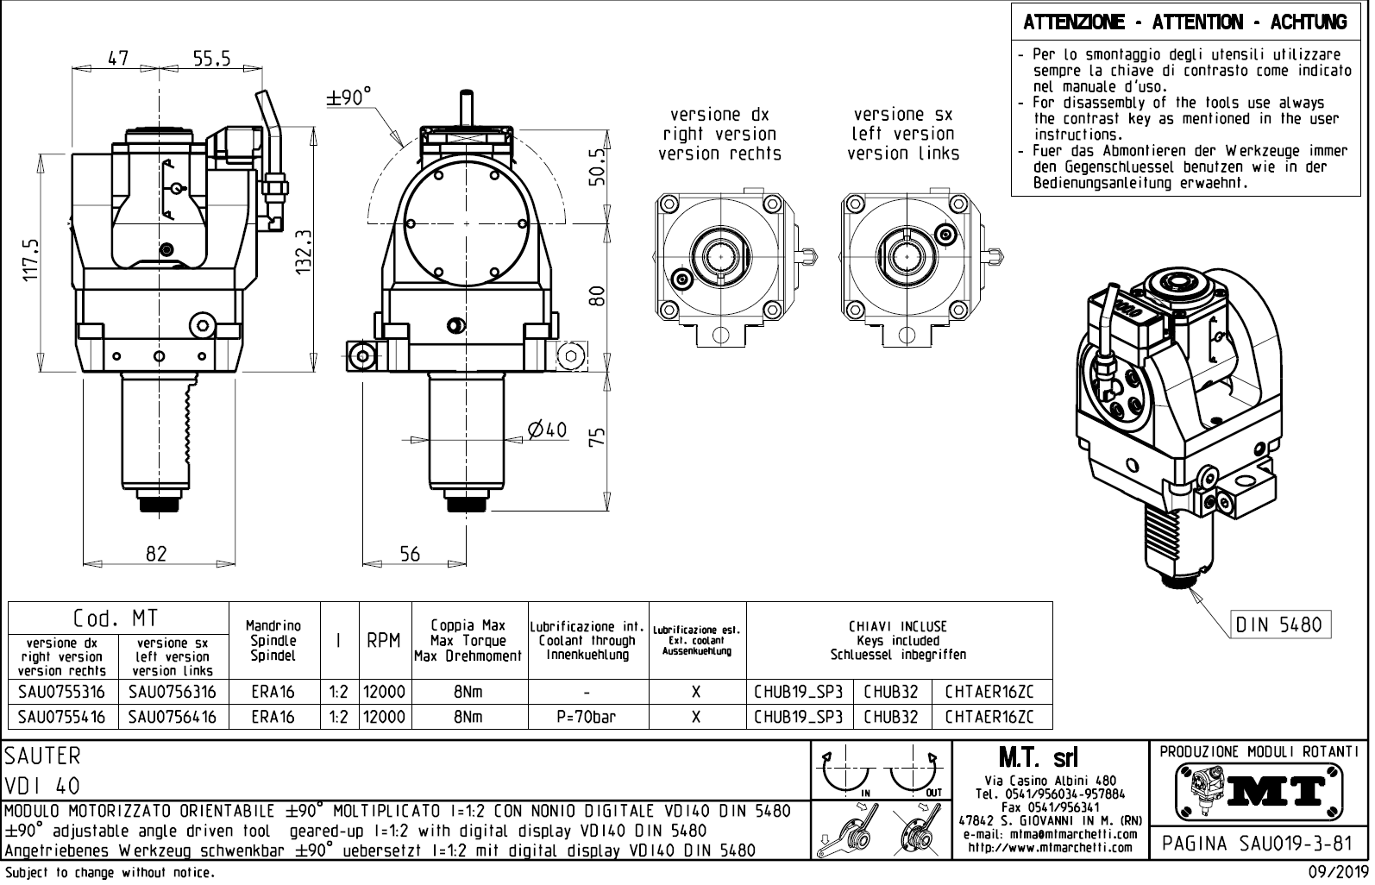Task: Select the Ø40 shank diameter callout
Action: click(x=548, y=429)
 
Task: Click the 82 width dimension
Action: click(x=156, y=554)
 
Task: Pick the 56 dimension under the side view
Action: click(x=410, y=554)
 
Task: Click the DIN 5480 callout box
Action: click(x=1278, y=624)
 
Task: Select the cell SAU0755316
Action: click(x=61, y=692)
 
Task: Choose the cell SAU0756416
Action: click(x=173, y=717)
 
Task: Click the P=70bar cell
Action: click(x=587, y=717)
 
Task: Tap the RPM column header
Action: click(x=384, y=641)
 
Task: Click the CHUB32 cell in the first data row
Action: click(x=891, y=692)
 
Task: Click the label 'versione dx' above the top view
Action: click(x=719, y=115)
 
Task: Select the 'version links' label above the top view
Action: click(x=902, y=154)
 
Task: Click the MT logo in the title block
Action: click(x=1259, y=788)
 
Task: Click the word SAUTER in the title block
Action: click(x=42, y=756)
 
